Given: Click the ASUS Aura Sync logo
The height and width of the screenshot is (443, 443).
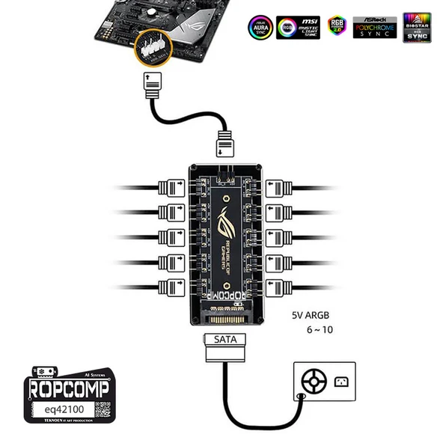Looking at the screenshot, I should coord(260,27).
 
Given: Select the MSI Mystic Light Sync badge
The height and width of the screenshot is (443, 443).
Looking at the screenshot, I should coord(298,27).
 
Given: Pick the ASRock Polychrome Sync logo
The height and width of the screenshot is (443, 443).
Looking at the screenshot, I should coord(376,27).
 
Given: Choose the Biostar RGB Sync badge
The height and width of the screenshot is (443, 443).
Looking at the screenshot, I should coord(416,27).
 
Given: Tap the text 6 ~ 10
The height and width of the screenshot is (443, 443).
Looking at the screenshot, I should coord(320,330).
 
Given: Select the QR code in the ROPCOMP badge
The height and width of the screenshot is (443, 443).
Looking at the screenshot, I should coord(102,410).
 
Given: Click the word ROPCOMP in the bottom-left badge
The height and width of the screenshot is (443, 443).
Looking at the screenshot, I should coord(69,390).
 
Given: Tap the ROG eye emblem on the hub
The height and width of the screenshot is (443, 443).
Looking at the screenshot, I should coord(226,222).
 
